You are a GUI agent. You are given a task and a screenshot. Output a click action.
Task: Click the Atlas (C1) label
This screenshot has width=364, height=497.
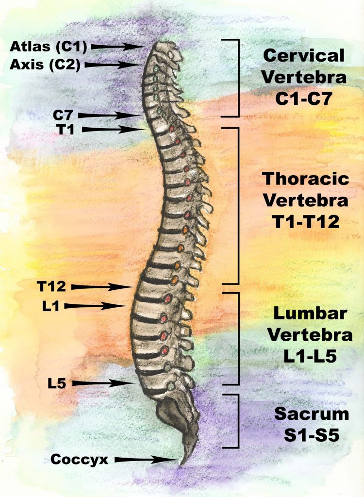point(48,47)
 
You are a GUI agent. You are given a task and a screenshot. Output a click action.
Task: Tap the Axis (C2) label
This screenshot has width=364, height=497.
point(46,64)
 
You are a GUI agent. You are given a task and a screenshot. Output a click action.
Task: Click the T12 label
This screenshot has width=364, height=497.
point(51,287)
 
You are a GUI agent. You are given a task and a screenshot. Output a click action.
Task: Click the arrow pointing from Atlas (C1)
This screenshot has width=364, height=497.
point(120,47)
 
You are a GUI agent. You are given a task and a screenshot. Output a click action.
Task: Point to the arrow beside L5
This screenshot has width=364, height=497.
point(104,383)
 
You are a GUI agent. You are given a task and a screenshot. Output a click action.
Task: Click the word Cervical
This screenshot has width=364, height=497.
point(304,55)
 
